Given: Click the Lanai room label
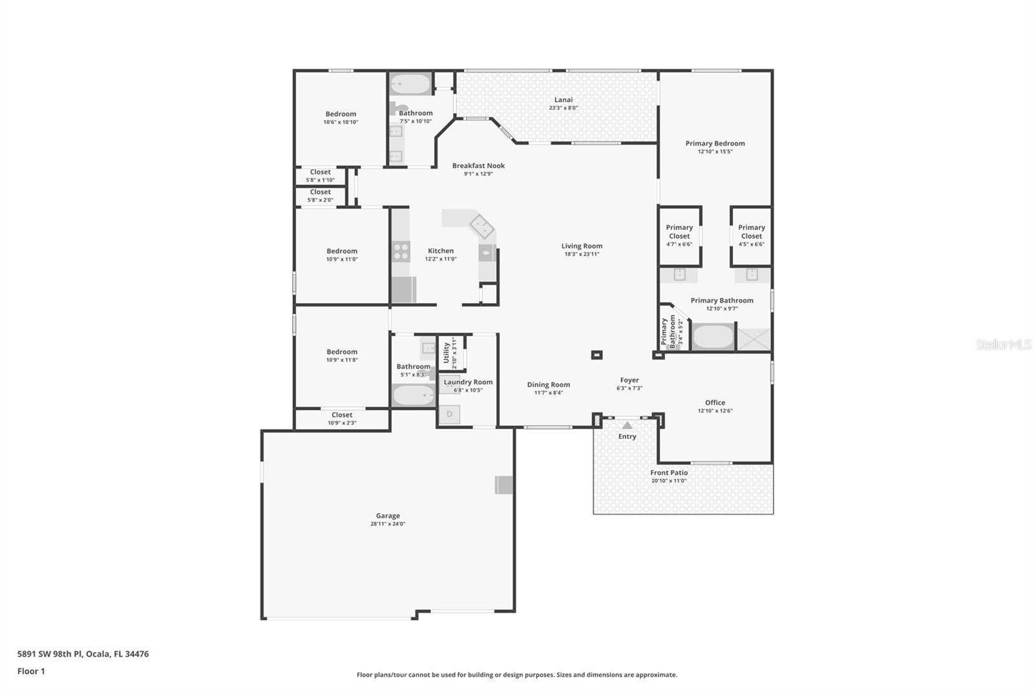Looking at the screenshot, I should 563,100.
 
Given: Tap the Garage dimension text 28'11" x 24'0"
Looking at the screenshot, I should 388,524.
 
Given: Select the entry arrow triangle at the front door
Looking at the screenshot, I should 627,425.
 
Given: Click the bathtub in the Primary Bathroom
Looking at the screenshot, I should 713,337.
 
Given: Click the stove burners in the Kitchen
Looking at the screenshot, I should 401,251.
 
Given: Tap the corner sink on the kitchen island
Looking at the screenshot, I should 481,226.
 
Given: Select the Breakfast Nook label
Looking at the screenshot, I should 478,165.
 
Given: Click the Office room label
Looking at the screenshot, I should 715,403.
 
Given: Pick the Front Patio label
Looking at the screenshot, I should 669,472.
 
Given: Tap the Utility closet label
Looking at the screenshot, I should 447,353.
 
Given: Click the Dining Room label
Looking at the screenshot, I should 548,385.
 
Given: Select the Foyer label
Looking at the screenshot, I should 629,380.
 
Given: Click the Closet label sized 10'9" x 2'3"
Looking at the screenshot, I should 342,415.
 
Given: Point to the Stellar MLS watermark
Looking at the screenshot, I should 1003,344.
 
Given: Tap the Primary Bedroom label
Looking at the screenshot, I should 715,143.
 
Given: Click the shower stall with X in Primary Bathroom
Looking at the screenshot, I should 754,339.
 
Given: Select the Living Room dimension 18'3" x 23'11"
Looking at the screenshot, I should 582,254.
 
